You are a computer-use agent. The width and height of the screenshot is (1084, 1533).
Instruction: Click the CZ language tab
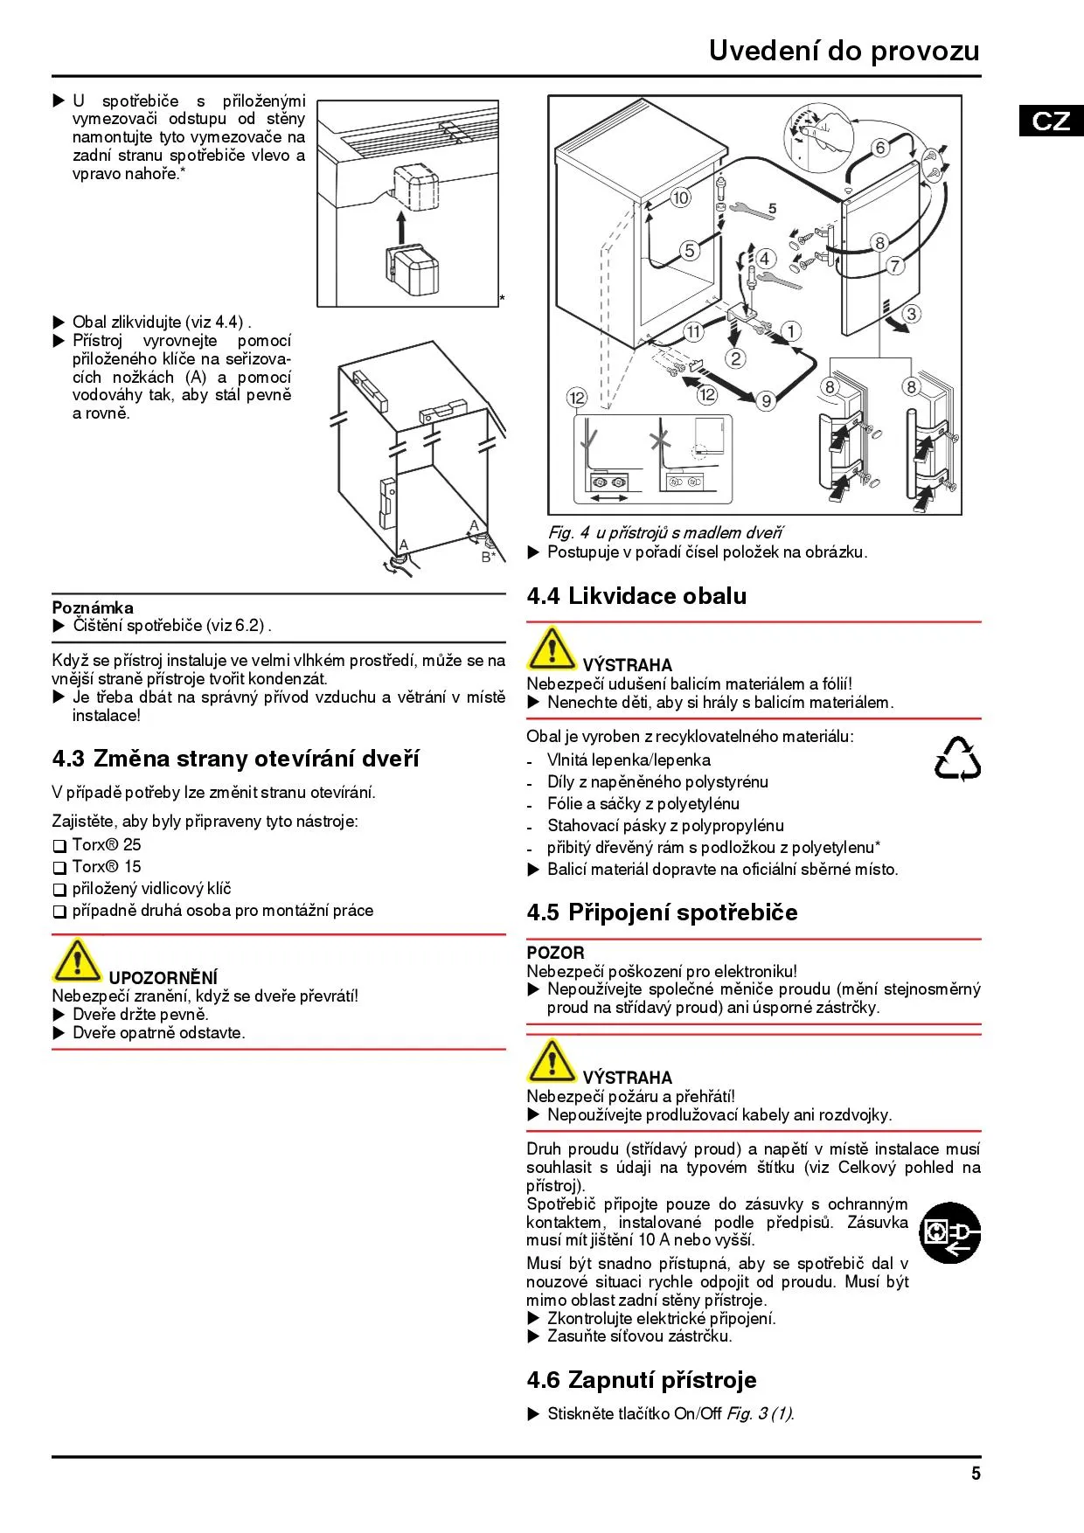(x=1051, y=120)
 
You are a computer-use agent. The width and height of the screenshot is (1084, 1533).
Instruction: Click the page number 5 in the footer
(x=976, y=1473)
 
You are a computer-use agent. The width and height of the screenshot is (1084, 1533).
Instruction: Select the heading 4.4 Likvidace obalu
(x=636, y=596)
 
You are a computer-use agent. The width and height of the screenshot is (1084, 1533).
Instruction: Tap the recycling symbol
(x=957, y=759)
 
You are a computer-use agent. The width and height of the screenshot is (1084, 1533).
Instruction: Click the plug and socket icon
(x=950, y=1232)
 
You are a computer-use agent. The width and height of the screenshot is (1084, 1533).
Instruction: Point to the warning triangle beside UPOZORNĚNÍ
(x=76, y=961)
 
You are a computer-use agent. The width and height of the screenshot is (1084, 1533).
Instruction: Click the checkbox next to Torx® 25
(x=59, y=846)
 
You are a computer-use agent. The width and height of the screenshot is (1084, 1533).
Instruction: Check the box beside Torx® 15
(x=59, y=868)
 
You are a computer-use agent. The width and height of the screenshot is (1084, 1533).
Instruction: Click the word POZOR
(x=555, y=953)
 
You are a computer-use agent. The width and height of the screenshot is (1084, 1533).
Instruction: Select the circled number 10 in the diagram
(x=680, y=198)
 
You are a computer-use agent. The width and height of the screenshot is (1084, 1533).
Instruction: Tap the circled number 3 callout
(x=911, y=314)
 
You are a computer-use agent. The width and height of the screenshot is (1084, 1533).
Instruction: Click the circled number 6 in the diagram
(x=880, y=148)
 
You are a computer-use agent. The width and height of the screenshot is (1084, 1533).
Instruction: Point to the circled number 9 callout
(x=766, y=400)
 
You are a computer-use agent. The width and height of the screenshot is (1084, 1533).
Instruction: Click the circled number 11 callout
(x=693, y=331)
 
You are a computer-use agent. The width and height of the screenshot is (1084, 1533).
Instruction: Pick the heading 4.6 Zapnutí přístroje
(x=642, y=1380)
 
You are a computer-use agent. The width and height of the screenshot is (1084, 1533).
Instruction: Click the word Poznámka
(x=93, y=607)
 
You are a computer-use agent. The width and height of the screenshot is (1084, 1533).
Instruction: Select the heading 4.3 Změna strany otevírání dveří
(x=235, y=759)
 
